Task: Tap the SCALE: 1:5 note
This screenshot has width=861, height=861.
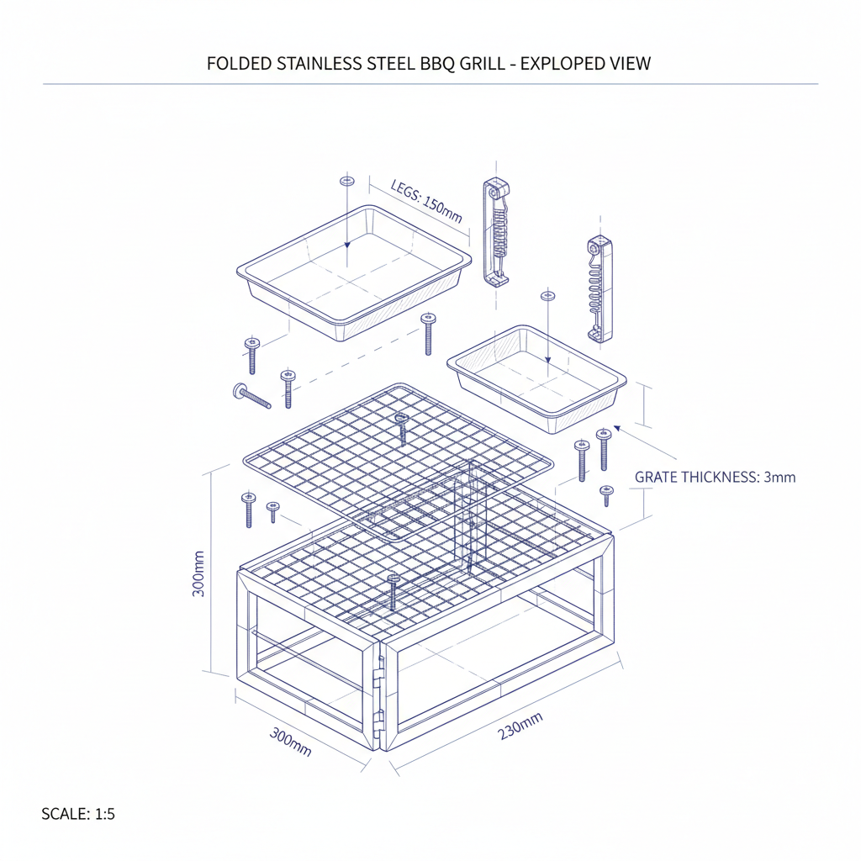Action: point(77,814)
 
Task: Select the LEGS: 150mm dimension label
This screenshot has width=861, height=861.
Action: point(426,201)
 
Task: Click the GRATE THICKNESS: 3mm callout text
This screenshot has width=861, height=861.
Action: point(715,478)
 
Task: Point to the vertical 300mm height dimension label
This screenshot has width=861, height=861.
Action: point(198,573)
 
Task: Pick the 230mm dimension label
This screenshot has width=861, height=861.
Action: point(520,726)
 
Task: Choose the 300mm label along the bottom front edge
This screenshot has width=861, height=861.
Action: point(290,741)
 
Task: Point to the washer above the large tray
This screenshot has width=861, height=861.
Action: point(346,181)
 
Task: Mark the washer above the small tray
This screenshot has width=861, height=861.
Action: point(548,296)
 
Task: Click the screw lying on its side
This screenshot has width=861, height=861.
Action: point(251,395)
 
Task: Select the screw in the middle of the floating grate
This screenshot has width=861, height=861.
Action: point(402,427)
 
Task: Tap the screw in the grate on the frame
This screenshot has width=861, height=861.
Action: point(392,592)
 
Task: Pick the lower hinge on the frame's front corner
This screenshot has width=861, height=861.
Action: point(378,721)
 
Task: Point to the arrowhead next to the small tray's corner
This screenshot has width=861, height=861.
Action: point(618,428)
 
